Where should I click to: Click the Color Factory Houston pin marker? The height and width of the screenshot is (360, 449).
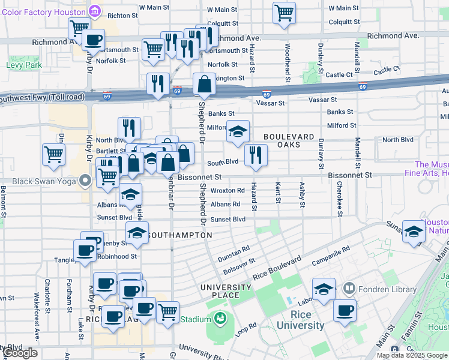(x=94, y=11)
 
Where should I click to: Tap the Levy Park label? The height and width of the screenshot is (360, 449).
(x=23, y=65)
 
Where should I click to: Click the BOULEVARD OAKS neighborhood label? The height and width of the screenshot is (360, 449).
(x=289, y=141)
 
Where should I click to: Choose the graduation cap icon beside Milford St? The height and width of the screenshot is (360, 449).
(x=238, y=131)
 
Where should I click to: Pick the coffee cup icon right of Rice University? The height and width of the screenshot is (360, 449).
(x=345, y=310)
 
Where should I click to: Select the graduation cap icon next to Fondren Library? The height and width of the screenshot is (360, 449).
(x=324, y=289)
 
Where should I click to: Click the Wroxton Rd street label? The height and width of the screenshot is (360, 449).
(x=228, y=190)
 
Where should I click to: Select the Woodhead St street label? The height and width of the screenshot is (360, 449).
(x=288, y=62)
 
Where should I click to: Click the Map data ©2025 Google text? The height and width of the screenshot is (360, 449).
(x=412, y=355)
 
